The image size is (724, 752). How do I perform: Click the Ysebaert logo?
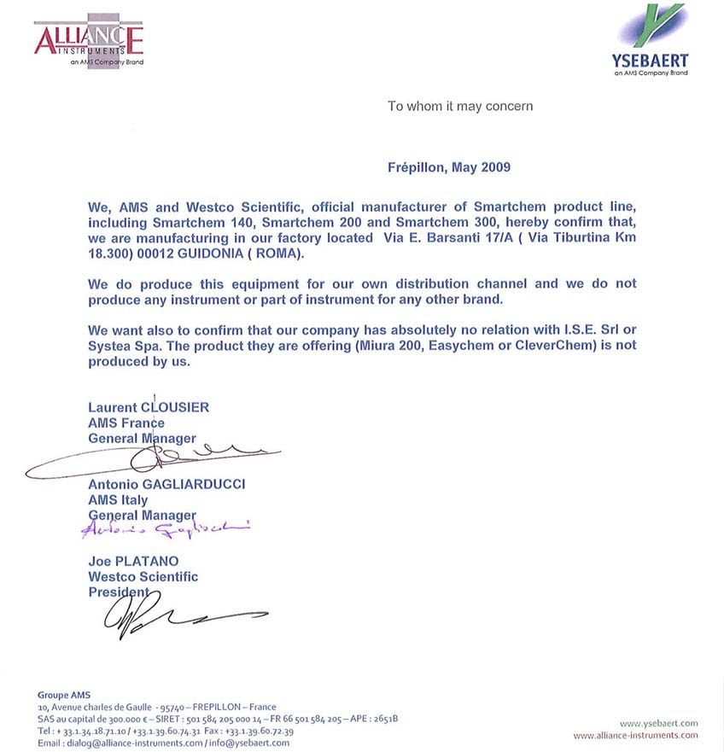coord(650,40)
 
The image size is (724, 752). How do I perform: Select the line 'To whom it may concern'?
coord(460,106)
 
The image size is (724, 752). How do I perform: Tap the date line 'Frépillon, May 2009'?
coord(449,166)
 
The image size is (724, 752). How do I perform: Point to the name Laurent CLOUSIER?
coord(149,407)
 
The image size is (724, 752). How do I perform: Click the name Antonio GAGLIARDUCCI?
coord(166,484)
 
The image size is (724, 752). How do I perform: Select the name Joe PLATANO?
coord(134,561)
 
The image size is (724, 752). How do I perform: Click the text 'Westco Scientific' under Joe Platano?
coord(143,576)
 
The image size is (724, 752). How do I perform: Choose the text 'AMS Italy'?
coord(118,499)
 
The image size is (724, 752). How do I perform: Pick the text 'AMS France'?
coord(126,423)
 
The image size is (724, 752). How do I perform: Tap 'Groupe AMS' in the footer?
coord(63,694)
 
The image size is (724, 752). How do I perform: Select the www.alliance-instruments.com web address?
coord(635,735)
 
